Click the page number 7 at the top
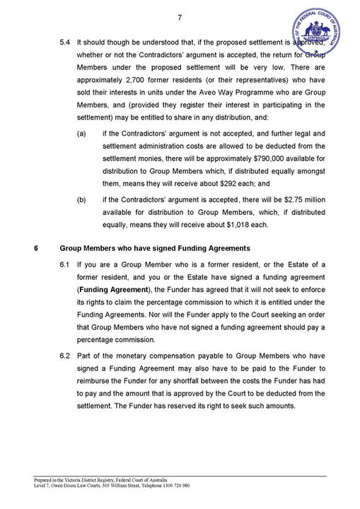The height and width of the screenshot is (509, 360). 180,18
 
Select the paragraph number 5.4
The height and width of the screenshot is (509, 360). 65,42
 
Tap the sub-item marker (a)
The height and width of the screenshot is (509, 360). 82,133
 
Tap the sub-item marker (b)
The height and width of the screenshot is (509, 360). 82,199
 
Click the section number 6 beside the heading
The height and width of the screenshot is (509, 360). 35,248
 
